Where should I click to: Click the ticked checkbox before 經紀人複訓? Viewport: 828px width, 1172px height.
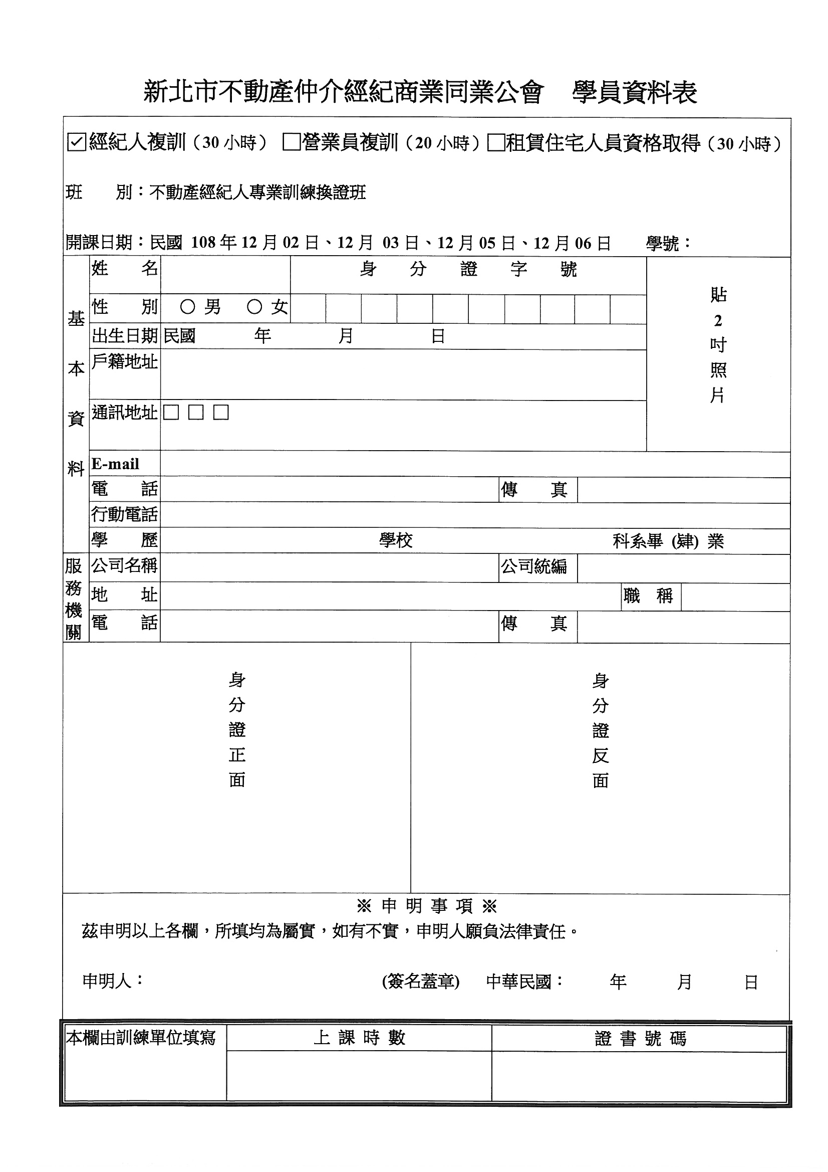click(x=76, y=142)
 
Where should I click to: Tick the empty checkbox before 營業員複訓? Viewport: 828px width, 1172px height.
click(x=292, y=142)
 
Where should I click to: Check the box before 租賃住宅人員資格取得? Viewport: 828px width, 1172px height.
click(x=495, y=143)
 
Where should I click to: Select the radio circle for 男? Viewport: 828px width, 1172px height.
click(x=188, y=307)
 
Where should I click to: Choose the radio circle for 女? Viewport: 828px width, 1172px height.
click(x=254, y=307)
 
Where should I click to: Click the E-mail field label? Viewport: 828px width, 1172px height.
click(x=115, y=464)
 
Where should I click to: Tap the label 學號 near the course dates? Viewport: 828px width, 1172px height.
click(x=663, y=243)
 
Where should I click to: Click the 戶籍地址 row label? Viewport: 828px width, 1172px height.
click(x=125, y=362)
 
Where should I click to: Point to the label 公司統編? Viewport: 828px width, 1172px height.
click(x=533, y=566)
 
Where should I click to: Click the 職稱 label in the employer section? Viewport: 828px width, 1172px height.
click(x=648, y=595)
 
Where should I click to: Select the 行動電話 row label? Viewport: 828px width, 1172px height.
click(x=125, y=514)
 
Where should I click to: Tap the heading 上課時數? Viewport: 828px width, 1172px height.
click(x=359, y=1038)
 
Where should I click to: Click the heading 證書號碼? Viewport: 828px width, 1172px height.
click(x=640, y=1038)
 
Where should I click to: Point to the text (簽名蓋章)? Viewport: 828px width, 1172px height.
click(x=420, y=981)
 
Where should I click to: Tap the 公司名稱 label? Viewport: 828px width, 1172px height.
click(x=125, y=565)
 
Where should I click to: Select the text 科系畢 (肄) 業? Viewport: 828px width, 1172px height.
click(x=668, y=541)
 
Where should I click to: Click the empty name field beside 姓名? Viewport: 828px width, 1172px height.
click(x=225, y=275)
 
